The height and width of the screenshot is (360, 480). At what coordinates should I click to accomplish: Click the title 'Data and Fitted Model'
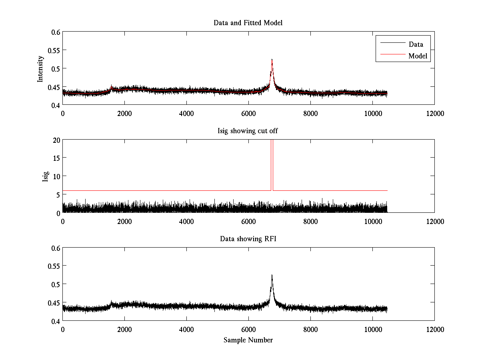tap(248, 23)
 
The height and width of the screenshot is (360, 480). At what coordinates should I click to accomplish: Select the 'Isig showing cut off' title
tap(248, 131)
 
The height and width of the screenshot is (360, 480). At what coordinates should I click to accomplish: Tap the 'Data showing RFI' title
tap(248, 239)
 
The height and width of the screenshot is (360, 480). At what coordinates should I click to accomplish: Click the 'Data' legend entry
tap(416, 44)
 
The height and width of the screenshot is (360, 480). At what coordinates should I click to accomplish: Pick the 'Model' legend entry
tap(418, 56)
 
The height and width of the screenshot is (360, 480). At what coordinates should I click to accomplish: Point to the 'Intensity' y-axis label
tap(40, 68)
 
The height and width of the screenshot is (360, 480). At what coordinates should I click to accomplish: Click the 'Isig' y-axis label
tap(45, 176)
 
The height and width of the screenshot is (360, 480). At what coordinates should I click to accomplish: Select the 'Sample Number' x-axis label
tap(248, 340)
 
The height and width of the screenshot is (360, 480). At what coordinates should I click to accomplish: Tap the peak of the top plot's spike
tap(272, 59)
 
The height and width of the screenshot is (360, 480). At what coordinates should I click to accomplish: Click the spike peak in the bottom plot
tap(272, 275)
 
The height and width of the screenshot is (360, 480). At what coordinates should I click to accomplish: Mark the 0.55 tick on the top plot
tap(54, 50)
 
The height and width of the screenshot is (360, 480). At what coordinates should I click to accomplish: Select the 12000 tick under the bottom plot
tap(434, 329)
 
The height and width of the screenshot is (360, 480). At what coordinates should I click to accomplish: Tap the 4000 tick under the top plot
tap(186, 113)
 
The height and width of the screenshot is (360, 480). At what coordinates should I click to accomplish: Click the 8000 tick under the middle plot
tap(310, 221)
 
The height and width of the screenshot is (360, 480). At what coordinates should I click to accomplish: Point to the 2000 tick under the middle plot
tap(124, 221)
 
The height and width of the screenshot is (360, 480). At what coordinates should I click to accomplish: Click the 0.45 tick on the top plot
tap(54, 87)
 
